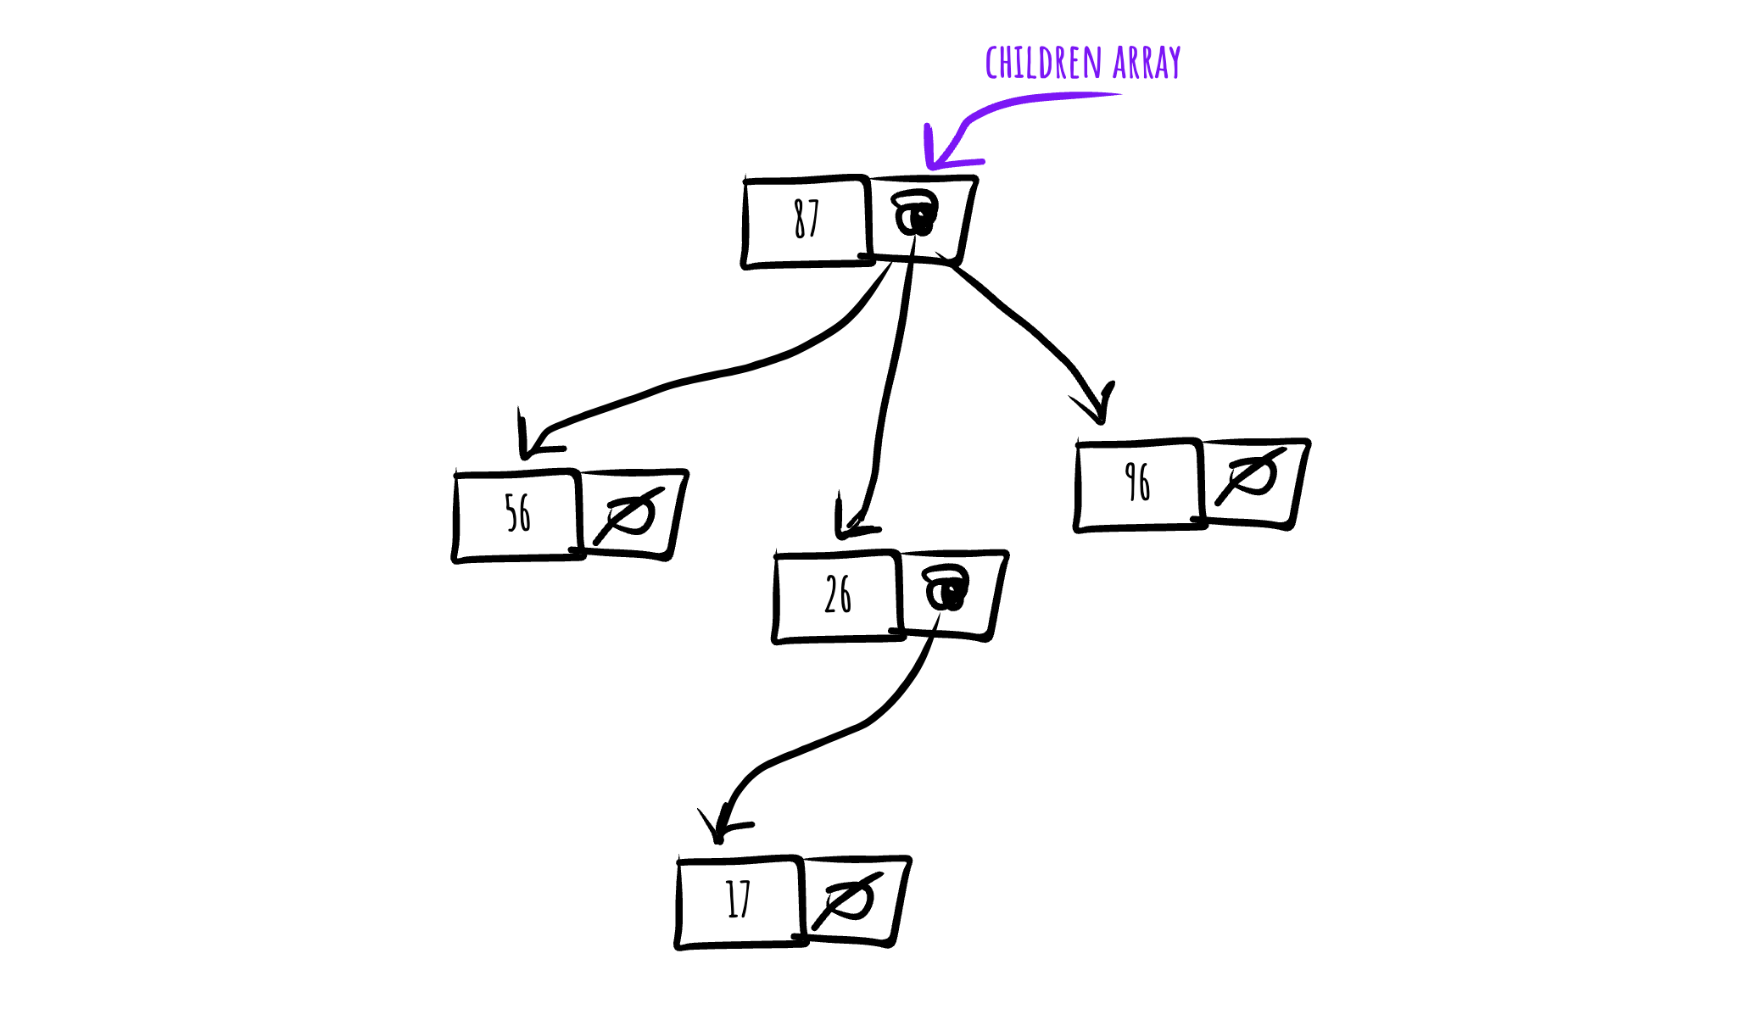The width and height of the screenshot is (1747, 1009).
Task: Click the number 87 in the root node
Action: coord(807,219)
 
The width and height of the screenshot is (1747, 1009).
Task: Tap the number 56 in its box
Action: coord(517,513)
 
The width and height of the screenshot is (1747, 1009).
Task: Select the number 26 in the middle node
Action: coord(838,594)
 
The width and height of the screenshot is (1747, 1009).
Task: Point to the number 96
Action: coord(1137,482)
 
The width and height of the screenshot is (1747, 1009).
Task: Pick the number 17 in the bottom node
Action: coord(739,899)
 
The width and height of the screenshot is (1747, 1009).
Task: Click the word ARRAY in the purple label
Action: coord(1147,64)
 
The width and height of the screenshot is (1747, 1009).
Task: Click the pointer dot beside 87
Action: coord(916,214)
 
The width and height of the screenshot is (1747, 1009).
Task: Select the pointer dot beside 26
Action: coord(946,588)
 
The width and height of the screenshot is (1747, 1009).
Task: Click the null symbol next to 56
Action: coord(629,516)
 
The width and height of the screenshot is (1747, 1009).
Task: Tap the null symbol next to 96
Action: coord(1252,476)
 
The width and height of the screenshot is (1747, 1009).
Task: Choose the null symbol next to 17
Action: coord(848,900)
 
